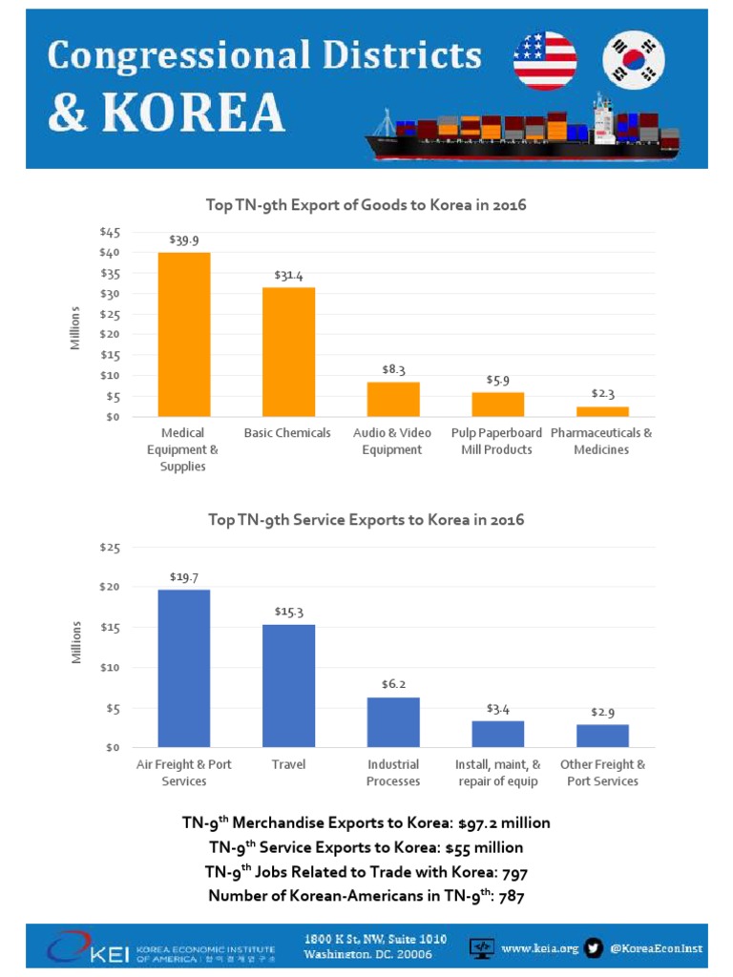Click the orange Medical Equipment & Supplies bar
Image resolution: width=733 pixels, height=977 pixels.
click(183, 334)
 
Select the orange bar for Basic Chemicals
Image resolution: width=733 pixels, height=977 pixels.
click(288, 351)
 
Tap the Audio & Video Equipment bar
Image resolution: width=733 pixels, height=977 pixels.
click(393, 399)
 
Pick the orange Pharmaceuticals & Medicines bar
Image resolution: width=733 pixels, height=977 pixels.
click(602, 411)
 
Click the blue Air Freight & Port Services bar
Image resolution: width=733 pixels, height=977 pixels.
click(183, 668)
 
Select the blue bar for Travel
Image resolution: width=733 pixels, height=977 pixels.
click(288, 685)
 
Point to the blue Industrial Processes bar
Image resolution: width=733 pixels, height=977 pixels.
click(393, 722)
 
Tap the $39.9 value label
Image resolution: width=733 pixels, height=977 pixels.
click(183, 239)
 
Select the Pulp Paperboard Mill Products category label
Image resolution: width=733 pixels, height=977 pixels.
click(497, 441)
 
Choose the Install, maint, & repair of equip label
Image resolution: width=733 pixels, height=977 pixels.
click(497, 773)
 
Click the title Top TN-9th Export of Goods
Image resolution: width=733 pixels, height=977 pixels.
click(366, 205)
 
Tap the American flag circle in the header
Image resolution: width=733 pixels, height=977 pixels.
click(544, 60)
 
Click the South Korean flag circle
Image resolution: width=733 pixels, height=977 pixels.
click(635, 60)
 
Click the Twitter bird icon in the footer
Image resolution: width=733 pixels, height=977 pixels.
click(594, 947)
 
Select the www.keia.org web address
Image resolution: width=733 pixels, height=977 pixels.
click(539, 947)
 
